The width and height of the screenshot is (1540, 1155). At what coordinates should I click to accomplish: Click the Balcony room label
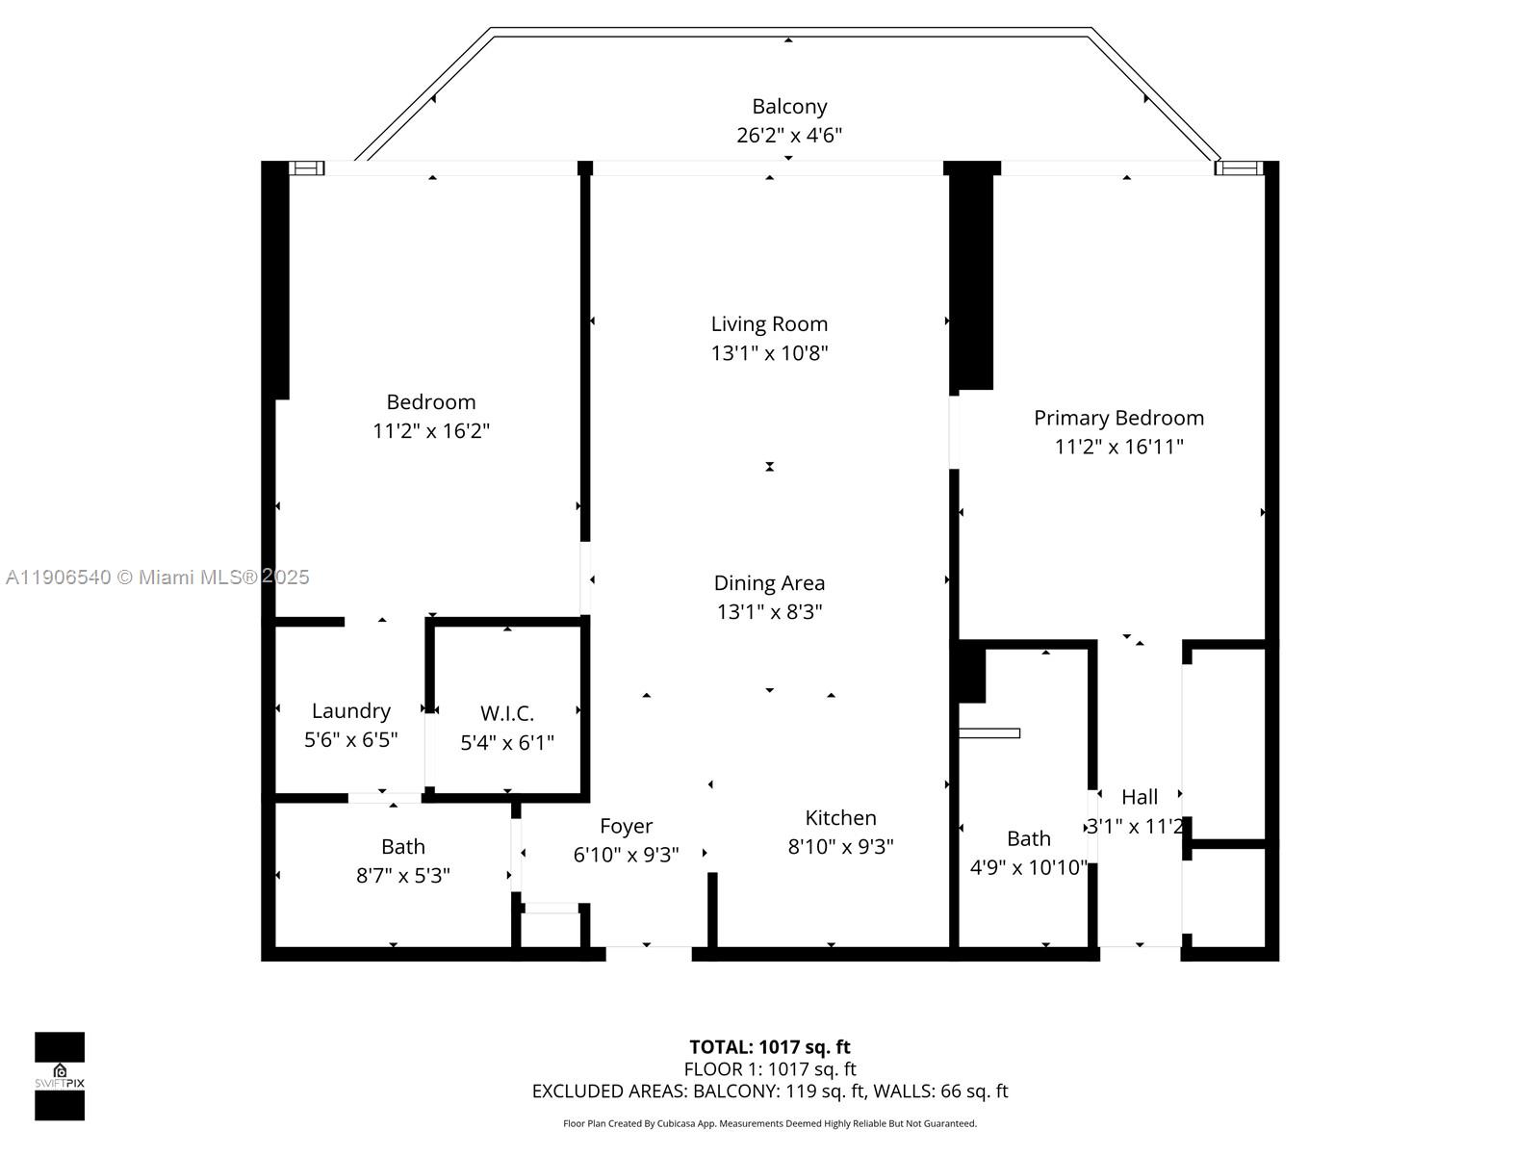[x=789, y=107]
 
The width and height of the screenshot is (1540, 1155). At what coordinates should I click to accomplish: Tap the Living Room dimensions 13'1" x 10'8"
[x=769, y=353]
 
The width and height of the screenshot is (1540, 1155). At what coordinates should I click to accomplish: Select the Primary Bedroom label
[x=1118, y=418]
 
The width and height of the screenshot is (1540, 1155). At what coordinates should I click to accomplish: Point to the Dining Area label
[x=769, y=583]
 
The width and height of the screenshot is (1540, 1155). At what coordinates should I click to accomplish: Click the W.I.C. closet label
[x=507, y=714]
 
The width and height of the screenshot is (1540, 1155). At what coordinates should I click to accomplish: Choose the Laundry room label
[x=350, y=711]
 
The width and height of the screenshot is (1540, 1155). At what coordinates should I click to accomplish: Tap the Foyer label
[x=626, y=827]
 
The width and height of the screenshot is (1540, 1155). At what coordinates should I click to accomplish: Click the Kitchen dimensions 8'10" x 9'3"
[x=840, y=847]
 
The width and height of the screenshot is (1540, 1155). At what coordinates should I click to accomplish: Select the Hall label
[x=1140, y=798]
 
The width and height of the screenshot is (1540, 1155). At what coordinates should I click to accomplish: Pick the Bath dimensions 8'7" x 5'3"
[x=402, y=876]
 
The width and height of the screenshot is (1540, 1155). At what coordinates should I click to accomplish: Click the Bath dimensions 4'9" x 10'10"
[x=1028, y=868]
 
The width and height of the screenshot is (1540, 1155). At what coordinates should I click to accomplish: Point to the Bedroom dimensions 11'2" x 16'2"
[x=431, y=431]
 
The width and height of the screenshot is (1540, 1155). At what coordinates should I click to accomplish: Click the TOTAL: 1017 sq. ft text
[x=769, y=1047]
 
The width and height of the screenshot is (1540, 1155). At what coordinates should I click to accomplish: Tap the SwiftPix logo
[x=60, y=1076]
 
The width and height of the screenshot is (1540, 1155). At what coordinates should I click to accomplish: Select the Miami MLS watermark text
[x=158, y=577]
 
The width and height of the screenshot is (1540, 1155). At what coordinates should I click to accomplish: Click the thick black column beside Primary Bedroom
[x=972, y=279]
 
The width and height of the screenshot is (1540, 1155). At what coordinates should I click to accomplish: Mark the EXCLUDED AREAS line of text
[x=769, y=1091]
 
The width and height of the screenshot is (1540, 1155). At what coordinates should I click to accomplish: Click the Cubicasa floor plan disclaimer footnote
[x=769, y=1124]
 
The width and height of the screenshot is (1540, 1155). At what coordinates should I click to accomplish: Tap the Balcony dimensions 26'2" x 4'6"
[x=789, y=136]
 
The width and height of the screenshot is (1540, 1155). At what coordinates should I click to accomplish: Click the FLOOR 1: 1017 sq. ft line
[x=769, y=1069]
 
